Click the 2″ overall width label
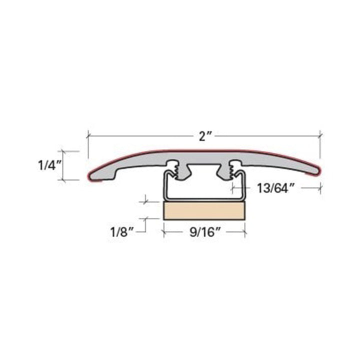click(x=202, y=136)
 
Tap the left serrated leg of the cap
click(x=175, y=170)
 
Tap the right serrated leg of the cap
click(x=232, y=170)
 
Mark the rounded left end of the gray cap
click(x=92, y=174)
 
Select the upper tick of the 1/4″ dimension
click(x=70, y=150)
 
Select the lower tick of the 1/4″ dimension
click(x=70, y=179)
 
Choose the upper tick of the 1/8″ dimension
click(x=145, y=201)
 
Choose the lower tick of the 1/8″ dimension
click(x=145, y=218)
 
